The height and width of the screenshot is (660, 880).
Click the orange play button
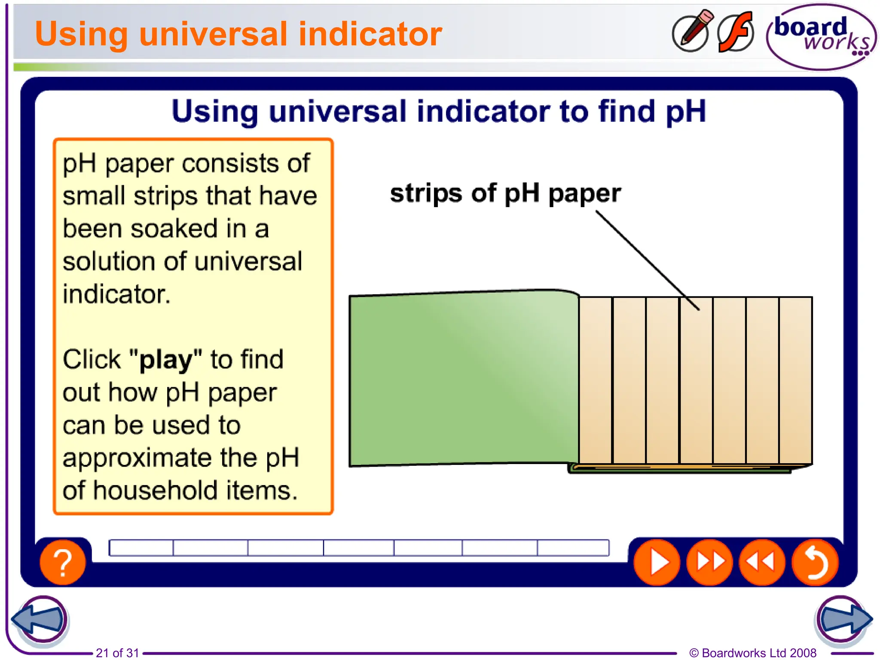pyautogui.click(x=657, y=562)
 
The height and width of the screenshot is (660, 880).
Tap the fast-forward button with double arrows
pyautogui.click(x=710, y=562)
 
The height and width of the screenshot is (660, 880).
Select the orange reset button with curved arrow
pyautogui.click(x=815, y=562)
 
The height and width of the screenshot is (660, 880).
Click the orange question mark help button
pyautogui.click(x=63, y=562)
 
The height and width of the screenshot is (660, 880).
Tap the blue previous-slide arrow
pyautogui.click(x=40, y=619)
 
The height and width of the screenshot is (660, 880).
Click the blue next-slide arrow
pyautogui.click(x=843, y=619)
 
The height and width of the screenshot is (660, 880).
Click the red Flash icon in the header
pyautogui.click(x=736, y=33)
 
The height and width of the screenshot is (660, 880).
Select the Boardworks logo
pyautogui.click(x=821, y=37)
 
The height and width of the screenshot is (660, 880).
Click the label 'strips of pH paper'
pyautogui.click(x=505, y=193)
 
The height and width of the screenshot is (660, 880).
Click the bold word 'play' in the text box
pyautogui.click(x=165, y=360)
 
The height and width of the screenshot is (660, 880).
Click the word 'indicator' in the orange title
pyautogui.click(x=370, y=34)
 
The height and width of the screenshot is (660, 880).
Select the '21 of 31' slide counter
pyautogui.click(x=117, y=653)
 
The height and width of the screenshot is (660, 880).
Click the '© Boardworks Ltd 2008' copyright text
pyautogui.click(x=752, y=653)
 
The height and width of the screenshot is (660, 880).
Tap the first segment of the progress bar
pyautogui.click(x=141, y=548)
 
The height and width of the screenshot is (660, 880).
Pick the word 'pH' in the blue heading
pyautogui.click(x=686, y=112)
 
